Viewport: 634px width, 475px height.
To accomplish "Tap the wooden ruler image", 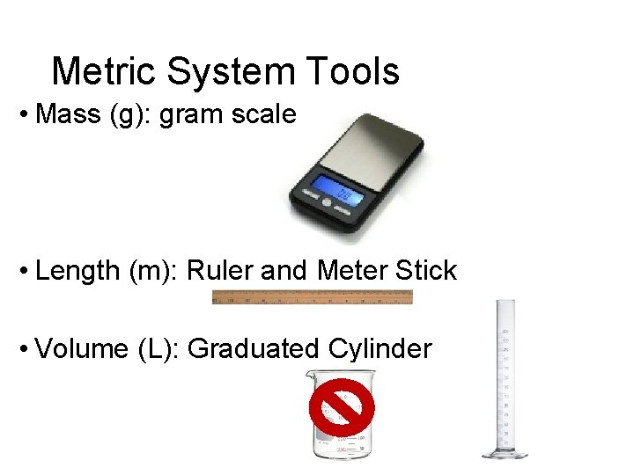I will [312, 297].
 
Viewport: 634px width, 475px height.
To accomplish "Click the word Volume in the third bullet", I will [82, 349].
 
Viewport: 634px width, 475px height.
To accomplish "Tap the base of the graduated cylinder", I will [505, 453].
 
